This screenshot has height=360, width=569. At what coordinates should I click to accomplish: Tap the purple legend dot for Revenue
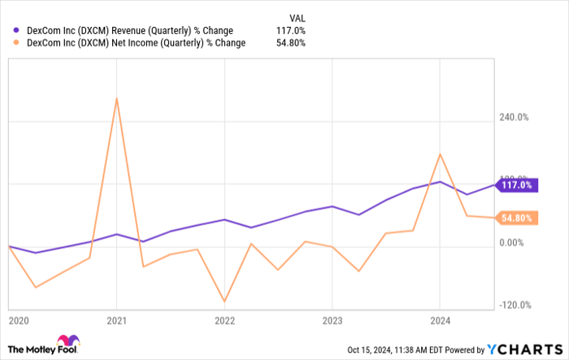point(16,31)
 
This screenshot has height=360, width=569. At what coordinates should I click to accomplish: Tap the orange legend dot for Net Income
point(16,43)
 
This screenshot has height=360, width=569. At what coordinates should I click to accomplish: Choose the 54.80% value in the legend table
point(292,43)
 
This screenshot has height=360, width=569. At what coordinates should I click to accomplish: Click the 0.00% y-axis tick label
point(516,243)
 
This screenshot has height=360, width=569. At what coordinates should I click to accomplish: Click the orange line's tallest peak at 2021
point(117,98)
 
